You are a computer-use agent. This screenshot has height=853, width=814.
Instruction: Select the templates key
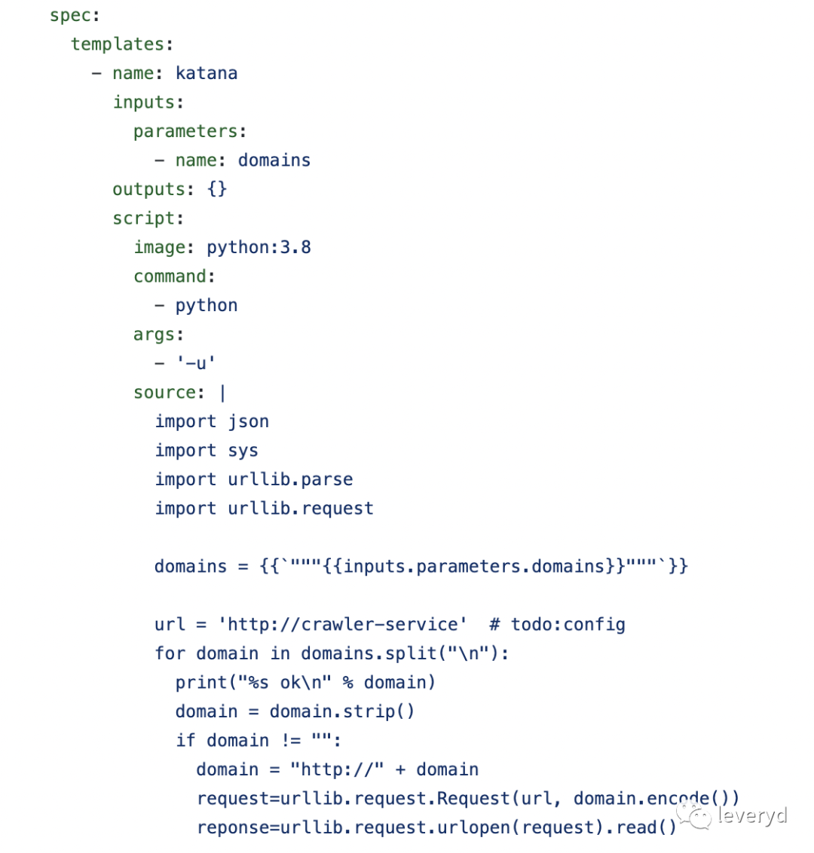(x=118, y=44)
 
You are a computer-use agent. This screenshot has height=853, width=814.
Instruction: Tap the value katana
(x=207, y=73)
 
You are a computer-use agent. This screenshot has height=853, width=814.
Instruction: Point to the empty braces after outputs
(x=217, y=189)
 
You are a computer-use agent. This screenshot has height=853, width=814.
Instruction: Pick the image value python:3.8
(x=259, y=247)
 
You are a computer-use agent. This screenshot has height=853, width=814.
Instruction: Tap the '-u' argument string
(x=196, y=363)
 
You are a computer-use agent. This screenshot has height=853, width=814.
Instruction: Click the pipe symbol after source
(x=222, y=393)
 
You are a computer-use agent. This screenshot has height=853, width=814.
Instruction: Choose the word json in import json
(x=248, y=421)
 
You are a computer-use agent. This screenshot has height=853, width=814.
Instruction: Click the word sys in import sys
(x=243, y=451)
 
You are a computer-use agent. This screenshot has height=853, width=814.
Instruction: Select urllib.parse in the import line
(x=290, y=479)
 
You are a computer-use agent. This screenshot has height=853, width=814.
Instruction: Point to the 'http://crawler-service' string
(x=342, y=625)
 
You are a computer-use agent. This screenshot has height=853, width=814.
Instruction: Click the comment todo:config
(x=568, y=625)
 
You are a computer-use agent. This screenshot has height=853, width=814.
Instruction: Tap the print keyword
(x=201, y=683)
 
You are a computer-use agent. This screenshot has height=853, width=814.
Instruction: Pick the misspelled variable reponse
(x=233, y=827)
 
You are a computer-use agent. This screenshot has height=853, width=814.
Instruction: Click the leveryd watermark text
(x=752, y=815)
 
